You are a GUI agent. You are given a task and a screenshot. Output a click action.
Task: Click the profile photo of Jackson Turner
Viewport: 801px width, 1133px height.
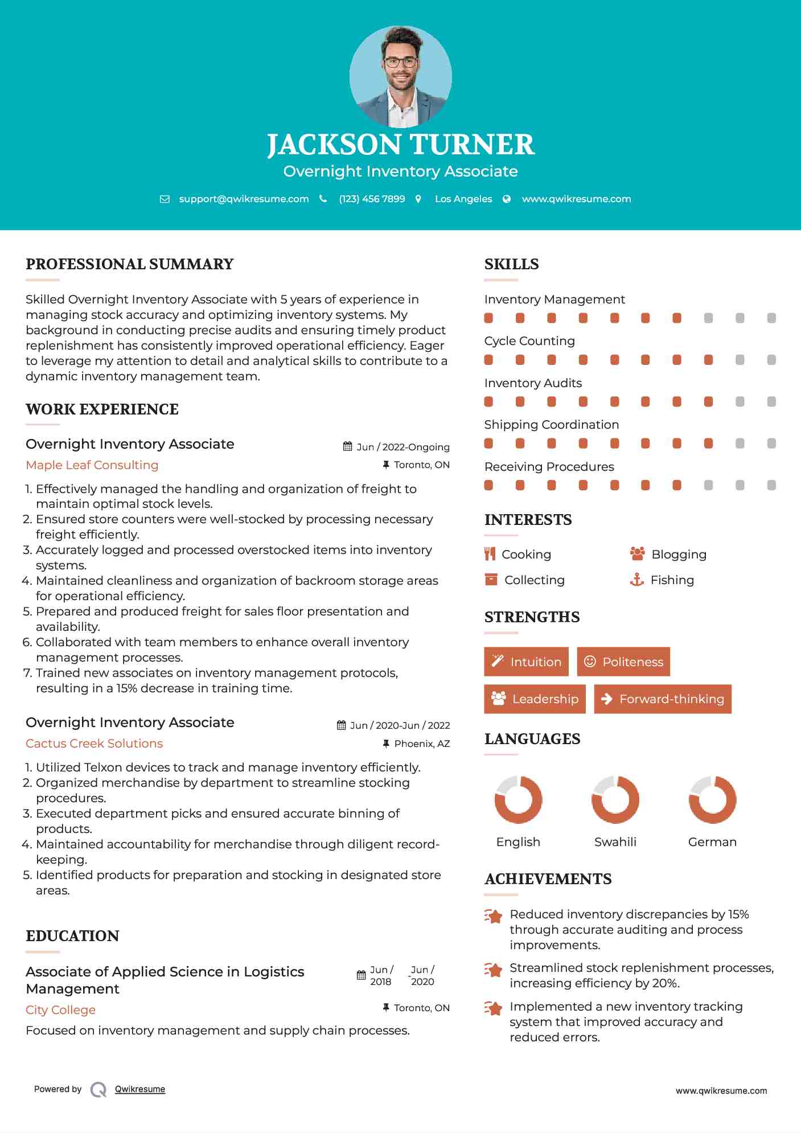[400, 76]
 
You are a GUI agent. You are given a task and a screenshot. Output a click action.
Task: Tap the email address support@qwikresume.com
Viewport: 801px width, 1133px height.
[244, 199]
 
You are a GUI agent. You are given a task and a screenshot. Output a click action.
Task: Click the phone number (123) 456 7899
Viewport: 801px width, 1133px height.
[372, 199]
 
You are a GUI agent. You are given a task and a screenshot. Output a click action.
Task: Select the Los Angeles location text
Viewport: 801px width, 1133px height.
[463, 199]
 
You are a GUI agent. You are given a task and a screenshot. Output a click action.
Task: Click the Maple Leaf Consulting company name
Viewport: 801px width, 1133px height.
[92, 465]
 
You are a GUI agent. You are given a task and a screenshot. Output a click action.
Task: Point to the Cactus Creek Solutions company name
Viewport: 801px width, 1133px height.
[94, 744]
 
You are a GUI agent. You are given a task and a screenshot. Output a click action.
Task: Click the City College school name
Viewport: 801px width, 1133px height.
[60, 1010]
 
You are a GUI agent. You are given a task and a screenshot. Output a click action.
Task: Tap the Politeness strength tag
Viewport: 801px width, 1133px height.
[623, 662]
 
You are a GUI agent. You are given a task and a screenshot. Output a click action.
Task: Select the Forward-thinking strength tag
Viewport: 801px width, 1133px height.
[663, 699]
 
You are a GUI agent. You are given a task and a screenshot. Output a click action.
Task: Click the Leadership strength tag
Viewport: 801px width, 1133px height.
[535, 699]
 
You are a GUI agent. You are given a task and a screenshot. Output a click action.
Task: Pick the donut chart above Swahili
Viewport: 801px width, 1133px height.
[615, 799]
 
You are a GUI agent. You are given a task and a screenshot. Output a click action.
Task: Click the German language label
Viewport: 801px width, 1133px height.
[712, 842]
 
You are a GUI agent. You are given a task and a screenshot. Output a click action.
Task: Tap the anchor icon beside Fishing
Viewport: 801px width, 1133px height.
[636, 580]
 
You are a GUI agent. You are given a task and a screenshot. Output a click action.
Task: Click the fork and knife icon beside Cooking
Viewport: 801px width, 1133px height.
[490, 554]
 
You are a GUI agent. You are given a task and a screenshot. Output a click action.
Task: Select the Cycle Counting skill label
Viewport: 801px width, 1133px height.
[529, 341]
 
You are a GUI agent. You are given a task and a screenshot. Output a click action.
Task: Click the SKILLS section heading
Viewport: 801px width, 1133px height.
[511, 264]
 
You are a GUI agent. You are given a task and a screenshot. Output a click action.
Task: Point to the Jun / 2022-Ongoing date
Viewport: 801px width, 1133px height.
[402, 447]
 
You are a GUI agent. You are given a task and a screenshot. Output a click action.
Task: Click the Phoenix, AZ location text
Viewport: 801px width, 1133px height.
[422, 744]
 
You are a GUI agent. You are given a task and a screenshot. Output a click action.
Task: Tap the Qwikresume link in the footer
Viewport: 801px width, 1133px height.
[140, 1089]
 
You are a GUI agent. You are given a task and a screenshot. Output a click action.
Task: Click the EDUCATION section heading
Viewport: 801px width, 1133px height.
[72, 936]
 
